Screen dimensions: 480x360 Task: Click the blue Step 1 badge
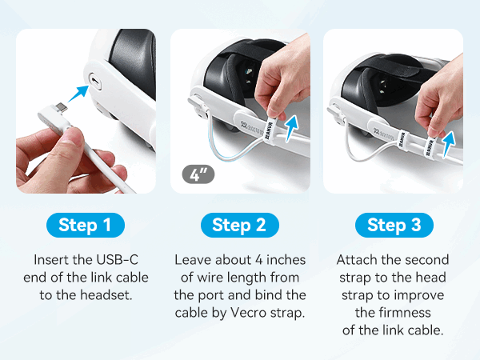(x=86, y=225)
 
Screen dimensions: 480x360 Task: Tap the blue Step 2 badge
(x=240, y=225)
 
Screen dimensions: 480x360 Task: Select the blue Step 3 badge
(x=394, y=225)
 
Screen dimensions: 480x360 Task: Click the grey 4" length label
(x=198, y=174)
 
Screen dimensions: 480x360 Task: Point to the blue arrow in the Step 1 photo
(x=78, y=94)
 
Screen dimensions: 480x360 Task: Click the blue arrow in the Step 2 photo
(x=291, y=129)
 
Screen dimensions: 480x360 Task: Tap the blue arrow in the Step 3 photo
(x=449, y=144)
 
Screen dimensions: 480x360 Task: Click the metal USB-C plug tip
(x=61, y=108)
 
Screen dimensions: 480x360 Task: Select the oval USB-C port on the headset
(x=95, y=82)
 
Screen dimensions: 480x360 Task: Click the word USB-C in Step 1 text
(x=117, y=260)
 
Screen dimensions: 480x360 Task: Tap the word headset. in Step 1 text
(x=106, y=295)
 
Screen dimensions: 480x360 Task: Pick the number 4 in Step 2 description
(x=259, y=260)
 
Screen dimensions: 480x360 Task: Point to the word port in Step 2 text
(x=211, y=296)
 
